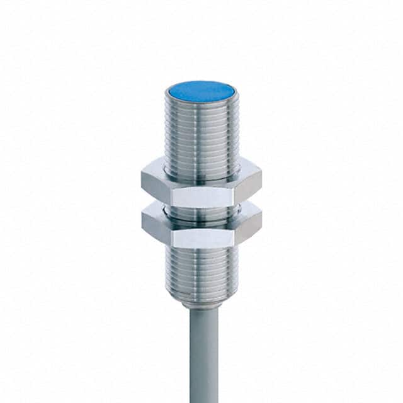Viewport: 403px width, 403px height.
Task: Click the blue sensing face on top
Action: click(201, 92)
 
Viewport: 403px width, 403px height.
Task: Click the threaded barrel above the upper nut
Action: click(201, 135)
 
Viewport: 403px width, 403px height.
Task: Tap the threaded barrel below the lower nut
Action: click(201, 271)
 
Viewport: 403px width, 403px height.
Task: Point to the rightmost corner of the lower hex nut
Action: click(261, 224)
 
